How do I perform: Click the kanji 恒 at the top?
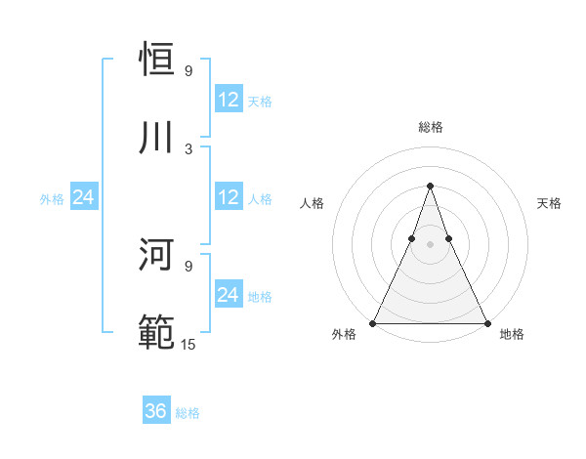(157, 60)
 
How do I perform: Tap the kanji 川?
(157, 138)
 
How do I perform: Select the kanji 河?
(157, 255)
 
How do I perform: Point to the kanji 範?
(157, 333)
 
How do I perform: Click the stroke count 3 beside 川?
(188, 148)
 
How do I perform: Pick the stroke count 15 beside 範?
(188, 344)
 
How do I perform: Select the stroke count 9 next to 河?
(188, 266)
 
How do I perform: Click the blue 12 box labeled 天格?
(229, 100)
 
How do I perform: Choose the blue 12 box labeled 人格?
(229, 197)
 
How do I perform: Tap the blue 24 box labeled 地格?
(229, 295)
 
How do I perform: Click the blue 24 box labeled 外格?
(83, 197)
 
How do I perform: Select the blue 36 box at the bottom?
(156, 411)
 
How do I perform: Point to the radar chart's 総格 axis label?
(430, 127)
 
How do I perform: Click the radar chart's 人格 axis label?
(312, 203)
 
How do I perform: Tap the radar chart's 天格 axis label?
(549, 203)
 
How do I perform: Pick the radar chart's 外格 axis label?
(344, 334)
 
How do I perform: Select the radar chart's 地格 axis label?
(512, 334)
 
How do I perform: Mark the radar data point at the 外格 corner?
(373, 322)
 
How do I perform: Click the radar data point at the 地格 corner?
(486, 322)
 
